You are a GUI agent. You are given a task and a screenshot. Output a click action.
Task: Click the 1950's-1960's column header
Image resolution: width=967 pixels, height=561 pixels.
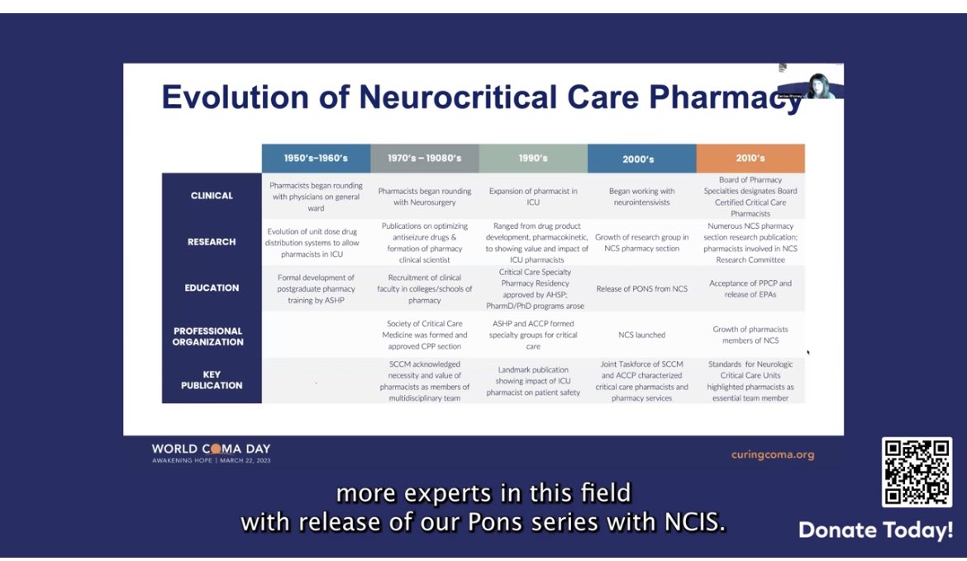point(316,158)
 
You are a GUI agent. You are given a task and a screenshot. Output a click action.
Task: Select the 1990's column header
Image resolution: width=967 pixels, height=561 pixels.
point(533,158)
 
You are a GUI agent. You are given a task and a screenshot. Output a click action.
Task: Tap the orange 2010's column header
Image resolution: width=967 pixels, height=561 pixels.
point(750,158)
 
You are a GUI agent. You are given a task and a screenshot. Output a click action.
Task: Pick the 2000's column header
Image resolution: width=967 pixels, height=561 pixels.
point(641,159)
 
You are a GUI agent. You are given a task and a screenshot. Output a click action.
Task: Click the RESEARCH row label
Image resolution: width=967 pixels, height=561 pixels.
point(212,242)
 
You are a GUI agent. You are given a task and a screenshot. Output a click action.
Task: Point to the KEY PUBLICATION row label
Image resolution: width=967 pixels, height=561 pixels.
point(212,380)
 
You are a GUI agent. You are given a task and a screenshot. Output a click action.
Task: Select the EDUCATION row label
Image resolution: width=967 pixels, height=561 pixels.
point(212,288)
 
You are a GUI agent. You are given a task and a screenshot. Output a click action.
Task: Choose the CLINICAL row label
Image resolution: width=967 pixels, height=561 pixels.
point(212,196)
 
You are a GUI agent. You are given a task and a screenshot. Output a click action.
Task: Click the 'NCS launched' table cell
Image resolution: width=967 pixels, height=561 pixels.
point(641,335)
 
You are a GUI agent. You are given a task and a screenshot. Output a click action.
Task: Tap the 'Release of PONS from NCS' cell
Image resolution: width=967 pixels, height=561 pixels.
point(641,289)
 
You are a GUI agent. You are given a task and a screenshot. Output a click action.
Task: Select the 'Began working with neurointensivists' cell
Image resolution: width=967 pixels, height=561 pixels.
point(641,197)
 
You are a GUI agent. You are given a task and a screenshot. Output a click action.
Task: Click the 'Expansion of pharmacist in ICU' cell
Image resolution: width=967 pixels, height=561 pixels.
point(533,197)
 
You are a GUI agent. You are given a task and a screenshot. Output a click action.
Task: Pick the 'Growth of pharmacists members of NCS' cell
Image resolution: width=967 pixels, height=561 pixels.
point(750,335)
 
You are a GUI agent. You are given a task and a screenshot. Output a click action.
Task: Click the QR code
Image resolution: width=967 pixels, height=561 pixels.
point(917,472)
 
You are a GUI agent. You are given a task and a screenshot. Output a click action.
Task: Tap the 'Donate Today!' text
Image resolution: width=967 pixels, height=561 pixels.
point(875,530)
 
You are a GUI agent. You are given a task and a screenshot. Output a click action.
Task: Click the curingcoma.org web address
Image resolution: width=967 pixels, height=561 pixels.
point(772,454)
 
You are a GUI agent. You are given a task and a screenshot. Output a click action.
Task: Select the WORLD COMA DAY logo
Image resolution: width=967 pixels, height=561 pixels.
point(211,453)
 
